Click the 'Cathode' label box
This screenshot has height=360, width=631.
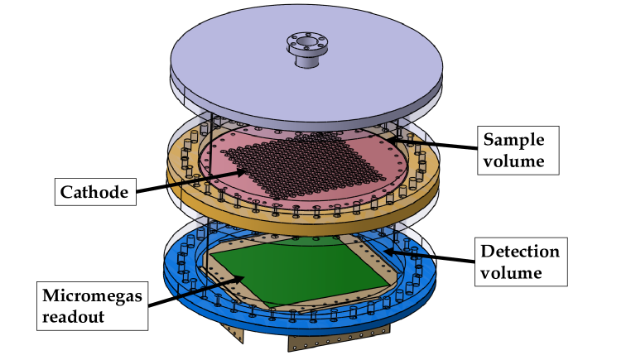coord(94,193)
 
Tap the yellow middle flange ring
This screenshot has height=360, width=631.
coord(186,194)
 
